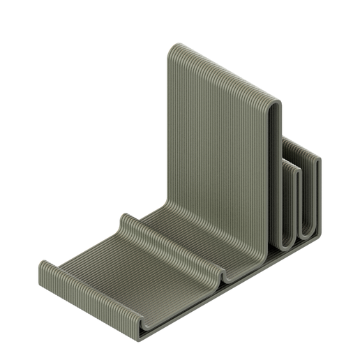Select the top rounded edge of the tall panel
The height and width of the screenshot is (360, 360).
click(x=223, y=70)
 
